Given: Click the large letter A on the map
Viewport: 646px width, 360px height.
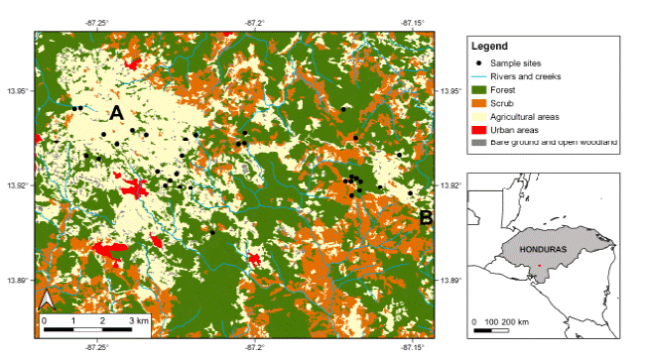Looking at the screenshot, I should (x=116, y=114).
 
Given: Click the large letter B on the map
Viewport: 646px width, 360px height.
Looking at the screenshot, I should (x=425, y=217).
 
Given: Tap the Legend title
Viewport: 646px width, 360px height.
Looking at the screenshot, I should (x=490, y=47).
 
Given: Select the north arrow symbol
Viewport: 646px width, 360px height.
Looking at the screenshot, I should (x=46, y=300).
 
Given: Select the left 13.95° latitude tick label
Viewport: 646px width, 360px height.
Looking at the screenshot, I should (x=17, y=91).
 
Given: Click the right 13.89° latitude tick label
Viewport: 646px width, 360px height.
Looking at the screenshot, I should (x=452, y=281).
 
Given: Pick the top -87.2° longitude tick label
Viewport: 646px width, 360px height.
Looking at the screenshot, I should (x=255, y=20).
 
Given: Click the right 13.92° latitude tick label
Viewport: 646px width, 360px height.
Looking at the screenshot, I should (x=452, y=185).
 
